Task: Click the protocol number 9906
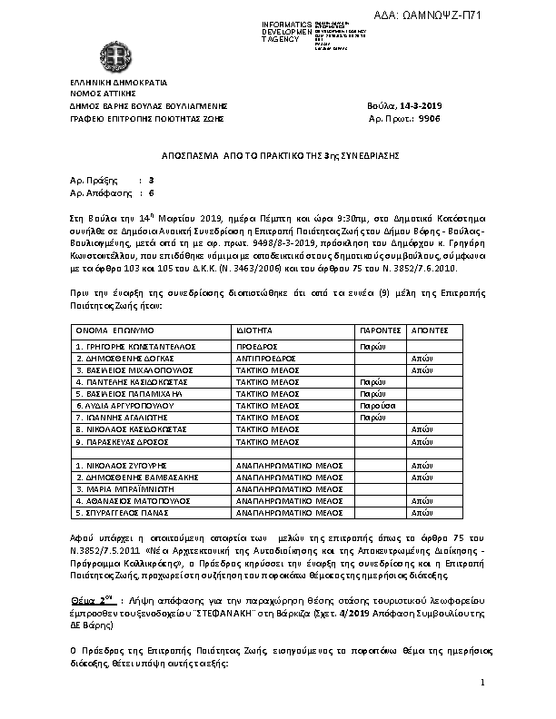[x=429, y=119]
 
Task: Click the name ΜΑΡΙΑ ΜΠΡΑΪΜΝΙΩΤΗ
[x=125, y=488]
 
